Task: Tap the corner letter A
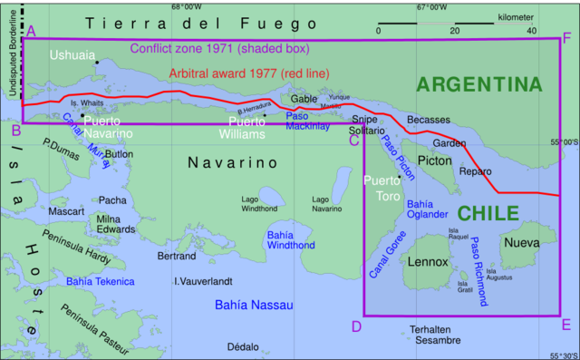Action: [x=32, y=32]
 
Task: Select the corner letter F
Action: [x=566, y=37]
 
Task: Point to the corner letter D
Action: [x=356, y=326]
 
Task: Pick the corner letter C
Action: [x=354, y=139]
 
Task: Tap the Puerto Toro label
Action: [x=382, y=188]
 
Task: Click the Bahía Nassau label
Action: [x=251, y=306]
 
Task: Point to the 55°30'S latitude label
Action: [x=562, y=355]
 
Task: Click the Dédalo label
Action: [x=242, y=346]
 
